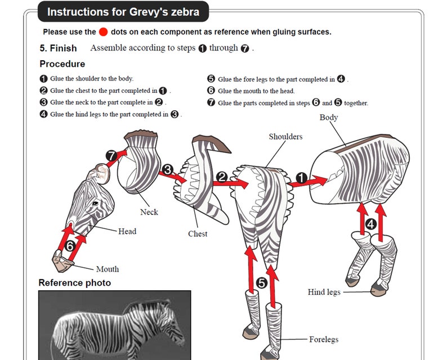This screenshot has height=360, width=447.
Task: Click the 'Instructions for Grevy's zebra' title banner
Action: tap(123, 12)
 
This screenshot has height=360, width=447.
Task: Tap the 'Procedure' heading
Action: tap(62, 64)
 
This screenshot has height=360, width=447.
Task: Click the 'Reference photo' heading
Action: tap(74, 282)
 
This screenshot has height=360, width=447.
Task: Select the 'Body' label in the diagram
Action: tap(329, 118)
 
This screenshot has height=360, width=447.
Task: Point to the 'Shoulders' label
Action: tap(285, 137)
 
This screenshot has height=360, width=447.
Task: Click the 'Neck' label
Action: tap(149, 212)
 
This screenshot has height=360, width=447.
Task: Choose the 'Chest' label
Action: tap(198, 234)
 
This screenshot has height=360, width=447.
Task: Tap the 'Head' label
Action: tap(127, 231)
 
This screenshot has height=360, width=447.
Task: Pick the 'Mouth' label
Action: tap(107, 269)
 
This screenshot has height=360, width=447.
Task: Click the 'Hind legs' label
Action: tap(324, 292)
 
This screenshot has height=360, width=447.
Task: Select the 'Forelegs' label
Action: tap(324, 340)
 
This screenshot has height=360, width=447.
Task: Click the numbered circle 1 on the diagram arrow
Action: tap(302, 179)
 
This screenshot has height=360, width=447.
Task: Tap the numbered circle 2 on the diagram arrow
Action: tap(222, 177)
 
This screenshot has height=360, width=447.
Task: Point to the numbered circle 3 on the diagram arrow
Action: tap(167, 169)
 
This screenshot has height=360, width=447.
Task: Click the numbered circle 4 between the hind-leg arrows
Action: tap(370, 223)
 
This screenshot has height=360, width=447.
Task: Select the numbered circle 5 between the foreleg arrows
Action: tap(261, 283)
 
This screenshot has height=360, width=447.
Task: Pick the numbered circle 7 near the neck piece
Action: tap(111, 155)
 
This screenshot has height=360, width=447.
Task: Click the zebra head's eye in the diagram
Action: tap(95, 202)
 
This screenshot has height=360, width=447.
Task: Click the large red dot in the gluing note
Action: tap(104, 32)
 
